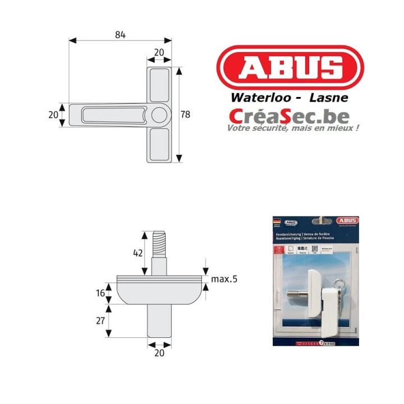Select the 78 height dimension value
(x=185, y=114)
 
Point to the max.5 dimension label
(x=224, y=279)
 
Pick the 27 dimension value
(x=101, y=321)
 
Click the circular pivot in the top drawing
(x=159, y=115)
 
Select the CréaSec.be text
(x=288, y=116)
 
